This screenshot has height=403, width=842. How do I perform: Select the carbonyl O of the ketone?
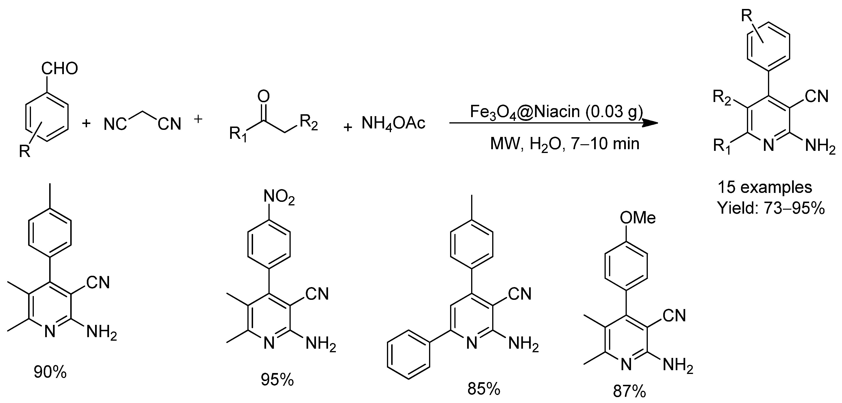pyautogui.click(x=263, y=96)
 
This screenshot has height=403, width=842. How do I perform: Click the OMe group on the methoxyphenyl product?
pyautogui.click(x=637, y=218)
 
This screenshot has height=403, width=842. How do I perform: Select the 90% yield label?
pyautogui.click(x=50, y=372)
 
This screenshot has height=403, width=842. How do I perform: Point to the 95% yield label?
pyautogui.click(x=277, y=379)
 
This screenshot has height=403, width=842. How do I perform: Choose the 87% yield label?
pyautogui.click(x=629, y=392)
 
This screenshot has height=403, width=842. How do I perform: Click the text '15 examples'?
pyautogui.click(x=764, y=187)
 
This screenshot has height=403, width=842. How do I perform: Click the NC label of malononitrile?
pyautogui.click(x=115, y=124)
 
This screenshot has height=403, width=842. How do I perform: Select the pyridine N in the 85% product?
pyautogui.click(x=472, y=343)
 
